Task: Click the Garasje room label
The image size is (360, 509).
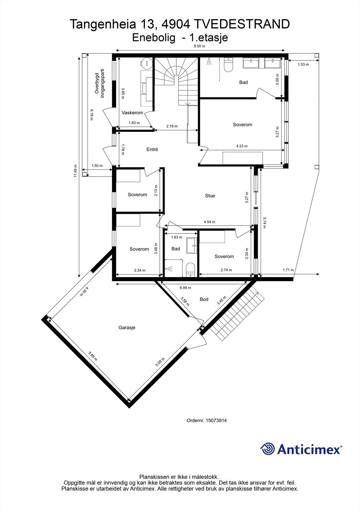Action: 127,327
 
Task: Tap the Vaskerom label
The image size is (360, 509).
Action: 132,113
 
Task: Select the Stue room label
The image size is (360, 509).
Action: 210,196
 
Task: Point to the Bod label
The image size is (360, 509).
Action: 204,299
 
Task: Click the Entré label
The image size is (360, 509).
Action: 152,149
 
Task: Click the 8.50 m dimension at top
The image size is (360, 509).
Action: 200,46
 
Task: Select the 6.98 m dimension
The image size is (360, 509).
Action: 185,288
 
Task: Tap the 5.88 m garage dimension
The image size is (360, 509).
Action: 93,355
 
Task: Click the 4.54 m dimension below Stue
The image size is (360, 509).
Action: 209,222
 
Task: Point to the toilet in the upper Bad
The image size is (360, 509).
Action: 229,65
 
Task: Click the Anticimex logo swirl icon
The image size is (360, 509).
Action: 267,449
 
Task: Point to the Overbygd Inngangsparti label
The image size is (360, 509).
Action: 99,83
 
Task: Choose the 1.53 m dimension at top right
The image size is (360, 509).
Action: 303,65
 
